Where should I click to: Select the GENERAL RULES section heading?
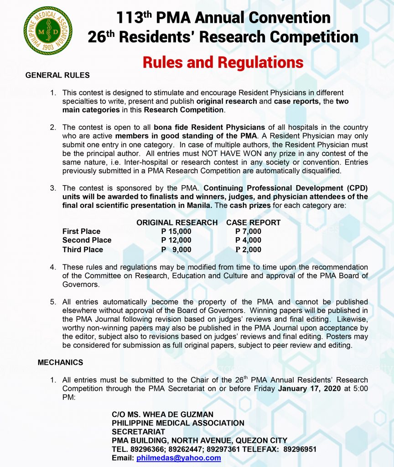(x=57, y=75)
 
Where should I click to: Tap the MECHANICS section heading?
(x=60, y=363)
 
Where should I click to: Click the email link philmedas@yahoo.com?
(x=178, y=458)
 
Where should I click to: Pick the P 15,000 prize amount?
(x=176, y=231)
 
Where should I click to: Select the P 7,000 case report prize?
(x=248, y=231)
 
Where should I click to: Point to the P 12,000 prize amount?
(x=176, y=240)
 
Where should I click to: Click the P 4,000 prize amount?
(x=248, y=240)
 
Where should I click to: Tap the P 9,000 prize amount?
(x=176, y=249)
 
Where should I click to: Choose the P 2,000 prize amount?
(x=248, y=249)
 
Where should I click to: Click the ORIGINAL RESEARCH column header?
(x=177, y=223)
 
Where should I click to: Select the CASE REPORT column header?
(x=253, y=223)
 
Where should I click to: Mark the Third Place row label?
(x=83, y=249)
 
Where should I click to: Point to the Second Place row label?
(x=87, y=240)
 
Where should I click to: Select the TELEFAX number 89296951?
(x=300, y=449)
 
